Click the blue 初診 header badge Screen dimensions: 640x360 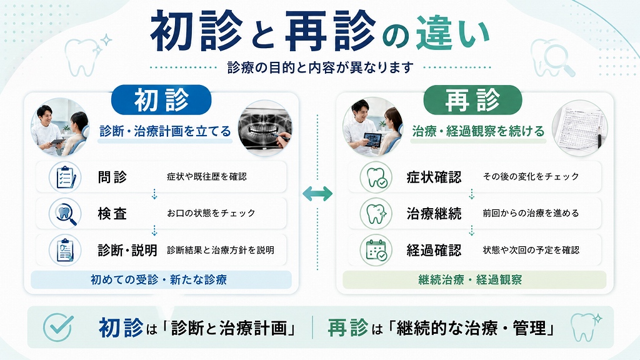tap(161, 99)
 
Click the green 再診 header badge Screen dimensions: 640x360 tap(472, 99)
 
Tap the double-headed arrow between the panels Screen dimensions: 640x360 tap(317, 194)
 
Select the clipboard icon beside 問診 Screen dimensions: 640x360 tap(65, 177)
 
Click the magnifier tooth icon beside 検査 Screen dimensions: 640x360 tap(65, 214)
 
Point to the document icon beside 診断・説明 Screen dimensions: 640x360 tap(65, 250)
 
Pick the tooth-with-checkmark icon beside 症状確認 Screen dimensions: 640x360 tap(376, 177)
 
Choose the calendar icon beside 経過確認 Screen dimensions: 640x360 tap(376, 250)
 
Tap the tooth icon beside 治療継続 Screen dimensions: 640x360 tap(376, 214)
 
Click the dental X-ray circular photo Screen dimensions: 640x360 tap(265, 127)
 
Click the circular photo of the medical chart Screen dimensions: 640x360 tap(579, 127)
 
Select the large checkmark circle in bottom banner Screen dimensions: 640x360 tap(58, 327)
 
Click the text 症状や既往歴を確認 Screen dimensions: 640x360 tap(207, 177)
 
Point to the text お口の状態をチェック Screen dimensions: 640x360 tap(211, 213)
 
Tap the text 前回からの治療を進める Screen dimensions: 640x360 tap(531, 213)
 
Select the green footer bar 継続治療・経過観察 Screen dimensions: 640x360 tap(474, 279)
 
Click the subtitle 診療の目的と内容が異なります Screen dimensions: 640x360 tap(321, 67)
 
